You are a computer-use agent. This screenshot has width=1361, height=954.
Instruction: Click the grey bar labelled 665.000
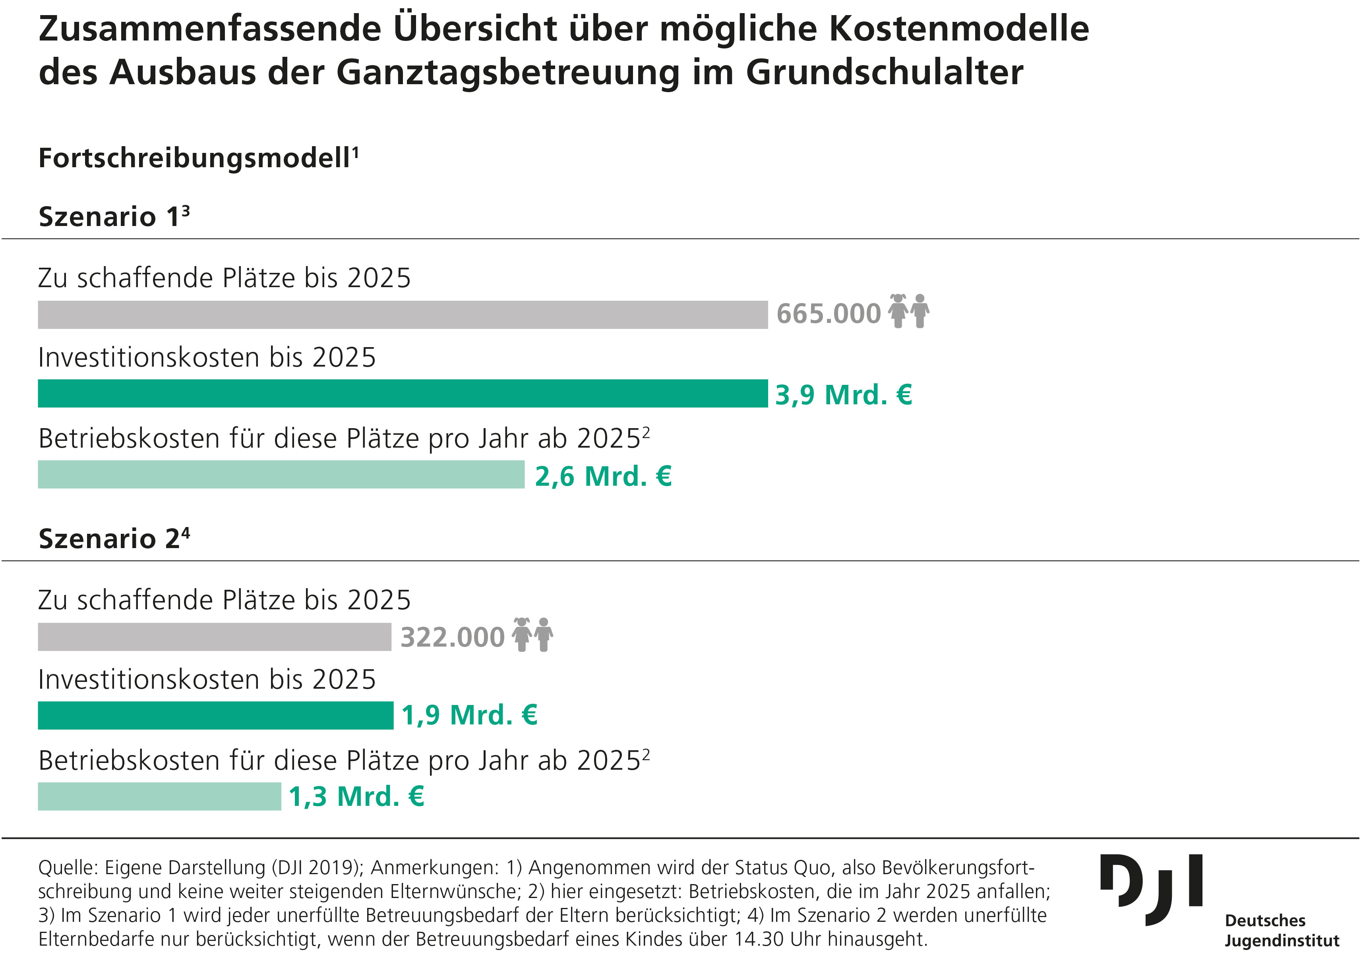click(403, 315)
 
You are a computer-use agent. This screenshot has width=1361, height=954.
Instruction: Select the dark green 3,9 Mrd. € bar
click(403, 394)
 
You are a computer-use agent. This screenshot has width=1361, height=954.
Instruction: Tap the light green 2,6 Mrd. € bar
click(281, 475)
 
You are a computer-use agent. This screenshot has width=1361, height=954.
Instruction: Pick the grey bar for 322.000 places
click(215, 637)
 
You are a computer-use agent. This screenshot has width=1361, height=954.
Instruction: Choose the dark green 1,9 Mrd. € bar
click(215, 715)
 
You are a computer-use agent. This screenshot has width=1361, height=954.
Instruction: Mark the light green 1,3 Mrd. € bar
click(159, 796)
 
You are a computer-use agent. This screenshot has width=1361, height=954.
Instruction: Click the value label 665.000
click(828, 314)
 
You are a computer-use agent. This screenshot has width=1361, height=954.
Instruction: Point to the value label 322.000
click(452, 637)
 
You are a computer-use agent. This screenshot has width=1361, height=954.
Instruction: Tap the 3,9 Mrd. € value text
click(843, 395)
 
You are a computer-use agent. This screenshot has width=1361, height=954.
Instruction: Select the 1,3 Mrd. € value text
click(356, 796)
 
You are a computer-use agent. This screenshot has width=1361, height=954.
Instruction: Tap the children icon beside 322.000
click(532, 635)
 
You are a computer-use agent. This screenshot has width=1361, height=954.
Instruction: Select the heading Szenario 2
click(114, 539)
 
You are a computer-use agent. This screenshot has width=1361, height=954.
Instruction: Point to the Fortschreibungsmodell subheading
click(198, 158)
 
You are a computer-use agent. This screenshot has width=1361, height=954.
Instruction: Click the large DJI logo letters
click(1150, 889)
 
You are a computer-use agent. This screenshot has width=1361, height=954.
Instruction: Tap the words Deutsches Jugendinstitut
click(1282, 930)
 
